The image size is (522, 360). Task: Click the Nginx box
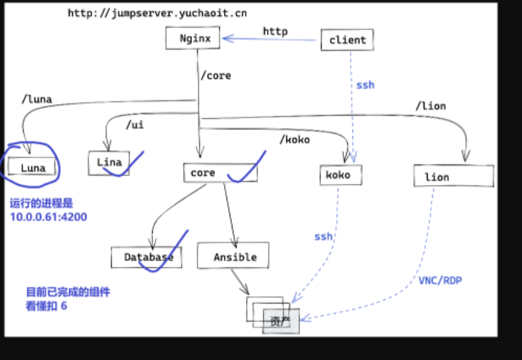click(x=193, y=38)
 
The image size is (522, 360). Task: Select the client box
click(x=347, y=40)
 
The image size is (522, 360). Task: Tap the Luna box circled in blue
click(x=32, y=166)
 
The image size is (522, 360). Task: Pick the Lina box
click(x=109, y=163)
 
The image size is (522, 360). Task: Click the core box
click(x=220, y=173)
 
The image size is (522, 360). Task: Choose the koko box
click(x=341, y=175)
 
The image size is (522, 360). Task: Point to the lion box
click(x=454, y=176)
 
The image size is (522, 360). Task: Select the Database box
click(x=147, y=257)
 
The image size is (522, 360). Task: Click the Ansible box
click(x=233, y=255)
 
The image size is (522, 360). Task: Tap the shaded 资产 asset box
click(x=281, y=322)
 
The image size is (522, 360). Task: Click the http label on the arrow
click(x=276, y=31)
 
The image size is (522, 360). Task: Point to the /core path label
click(x=216, y=75)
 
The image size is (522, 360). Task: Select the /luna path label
click(x=37, y=99)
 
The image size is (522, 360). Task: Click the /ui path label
click(x=135, y=125)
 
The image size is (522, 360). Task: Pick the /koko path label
click(x=295, y=140)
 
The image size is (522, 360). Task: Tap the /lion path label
click(x=431, y=106)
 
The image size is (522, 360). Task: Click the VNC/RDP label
click(x=440, y=280)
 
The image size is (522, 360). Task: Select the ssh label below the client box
click(x=365, y=85)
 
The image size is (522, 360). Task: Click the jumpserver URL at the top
click(x=157, y=13)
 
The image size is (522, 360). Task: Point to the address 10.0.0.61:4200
click(x=48, y=216)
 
